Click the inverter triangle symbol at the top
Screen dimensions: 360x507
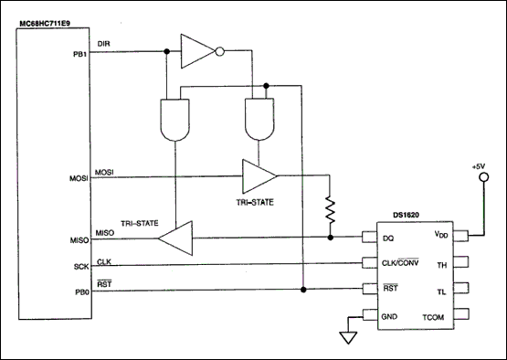[198, 52]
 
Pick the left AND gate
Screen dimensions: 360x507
[172, 117]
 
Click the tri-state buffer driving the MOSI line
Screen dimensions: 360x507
[259, 174]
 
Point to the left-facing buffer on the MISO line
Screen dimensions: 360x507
[174, 238]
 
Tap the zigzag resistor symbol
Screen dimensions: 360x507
[327, 210]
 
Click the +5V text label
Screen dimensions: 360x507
[478, 167]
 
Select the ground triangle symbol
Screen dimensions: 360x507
[346, 336]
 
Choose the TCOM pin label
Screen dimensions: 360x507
[433, 317]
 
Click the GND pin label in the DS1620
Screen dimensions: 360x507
[387, 317]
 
